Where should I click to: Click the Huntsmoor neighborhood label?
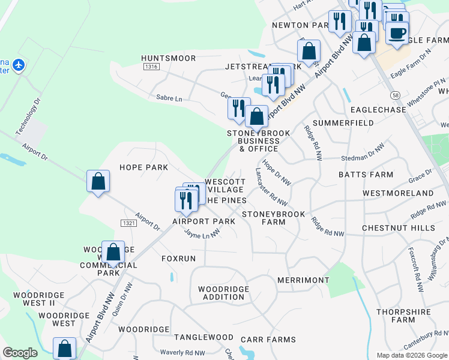click(x=168, y=58)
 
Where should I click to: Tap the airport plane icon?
click(x=19, y=64)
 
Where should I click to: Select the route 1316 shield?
click(x=151, y=67)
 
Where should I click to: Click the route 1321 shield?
click(x=128, y=223)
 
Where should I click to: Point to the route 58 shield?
click(x=394, y=95)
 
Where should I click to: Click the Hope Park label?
click(x=143, y=167)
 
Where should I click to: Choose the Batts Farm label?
click(x=366, y=175)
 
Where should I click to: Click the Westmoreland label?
click(x=398, y=193)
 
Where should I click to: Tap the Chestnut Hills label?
click(x=398, y=228)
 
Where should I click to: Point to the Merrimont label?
click(x=304, y=280)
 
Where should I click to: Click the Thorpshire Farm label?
click(x=403, y=316)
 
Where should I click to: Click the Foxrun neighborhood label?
click(x=178, y=259)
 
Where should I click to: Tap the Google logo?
click(x=20, y=353)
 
